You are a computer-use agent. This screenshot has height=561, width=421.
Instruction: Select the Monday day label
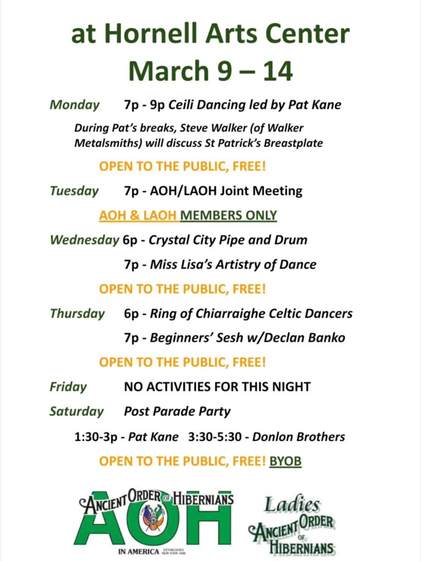(75, 105)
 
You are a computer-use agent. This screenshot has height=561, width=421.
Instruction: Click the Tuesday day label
(74, 191)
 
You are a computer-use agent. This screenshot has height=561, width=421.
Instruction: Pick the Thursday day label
(77, 314)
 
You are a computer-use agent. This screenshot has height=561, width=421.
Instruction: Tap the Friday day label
(68, 387)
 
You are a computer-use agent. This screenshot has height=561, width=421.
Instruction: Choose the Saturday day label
(76, 411)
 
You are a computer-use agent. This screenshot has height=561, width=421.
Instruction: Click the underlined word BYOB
(285, 461)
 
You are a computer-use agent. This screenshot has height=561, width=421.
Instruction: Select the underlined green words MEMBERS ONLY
(229, 215)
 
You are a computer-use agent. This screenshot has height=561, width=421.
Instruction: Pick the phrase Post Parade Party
(177, 411)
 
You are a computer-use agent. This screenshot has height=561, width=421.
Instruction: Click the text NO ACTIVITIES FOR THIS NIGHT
(217, 387)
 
